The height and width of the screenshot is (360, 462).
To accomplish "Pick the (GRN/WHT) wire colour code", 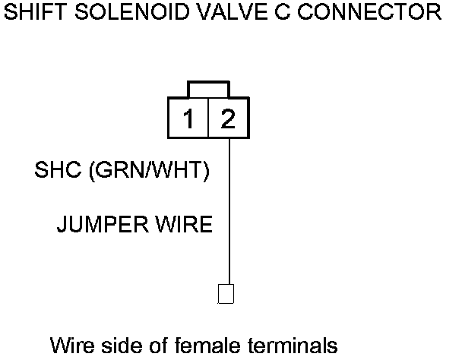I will [x=149, y=172].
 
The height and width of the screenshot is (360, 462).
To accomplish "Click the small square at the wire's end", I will [x=226, y=294].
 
